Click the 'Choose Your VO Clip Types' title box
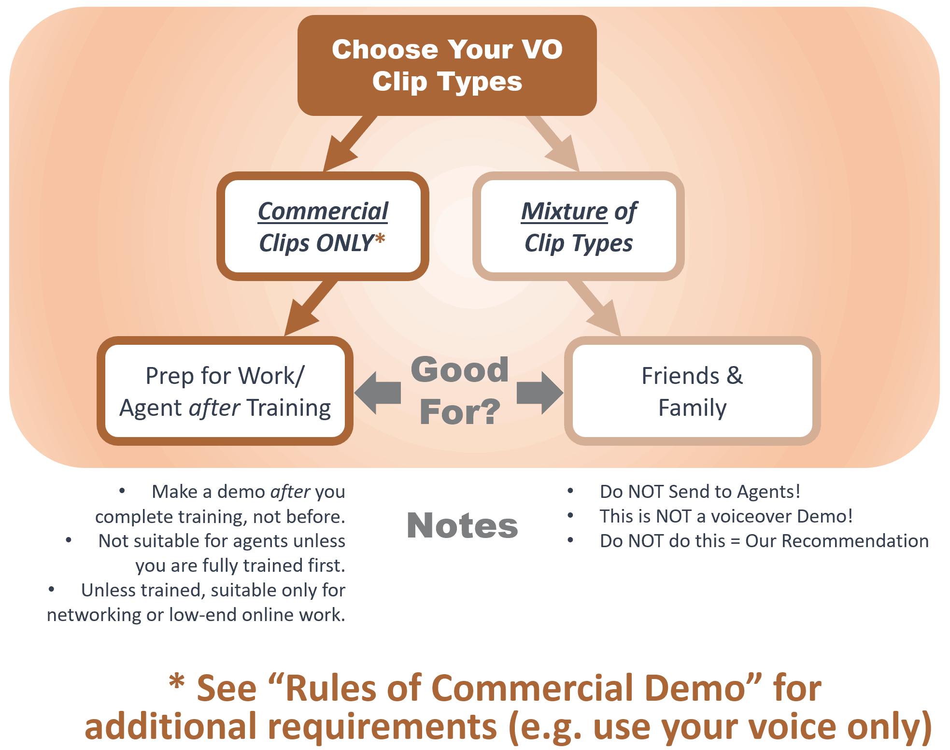447,65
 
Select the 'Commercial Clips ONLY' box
323,226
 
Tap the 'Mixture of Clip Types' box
578,226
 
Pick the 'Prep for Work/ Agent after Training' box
225,391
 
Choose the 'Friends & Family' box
692,391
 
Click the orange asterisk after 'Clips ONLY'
380,240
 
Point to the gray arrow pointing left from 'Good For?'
379,393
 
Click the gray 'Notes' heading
462,525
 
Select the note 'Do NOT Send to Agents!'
700,492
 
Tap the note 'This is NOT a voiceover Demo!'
726,516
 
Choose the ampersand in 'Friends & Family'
735,375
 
